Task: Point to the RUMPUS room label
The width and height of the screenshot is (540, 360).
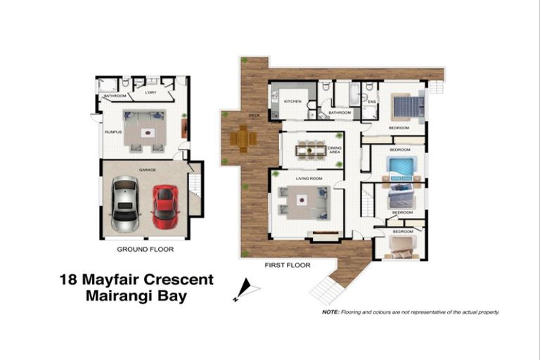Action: [113, 131]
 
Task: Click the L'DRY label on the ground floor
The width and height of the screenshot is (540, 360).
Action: [150, 93]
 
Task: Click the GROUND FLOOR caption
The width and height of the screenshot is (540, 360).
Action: [145, 249]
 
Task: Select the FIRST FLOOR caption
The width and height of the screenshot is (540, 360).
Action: [287, 265]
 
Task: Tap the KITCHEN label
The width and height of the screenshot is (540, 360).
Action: [292, 102]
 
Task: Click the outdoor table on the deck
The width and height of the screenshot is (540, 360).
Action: [242, 138]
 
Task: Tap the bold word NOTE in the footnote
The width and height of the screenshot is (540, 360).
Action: [330, 311]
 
